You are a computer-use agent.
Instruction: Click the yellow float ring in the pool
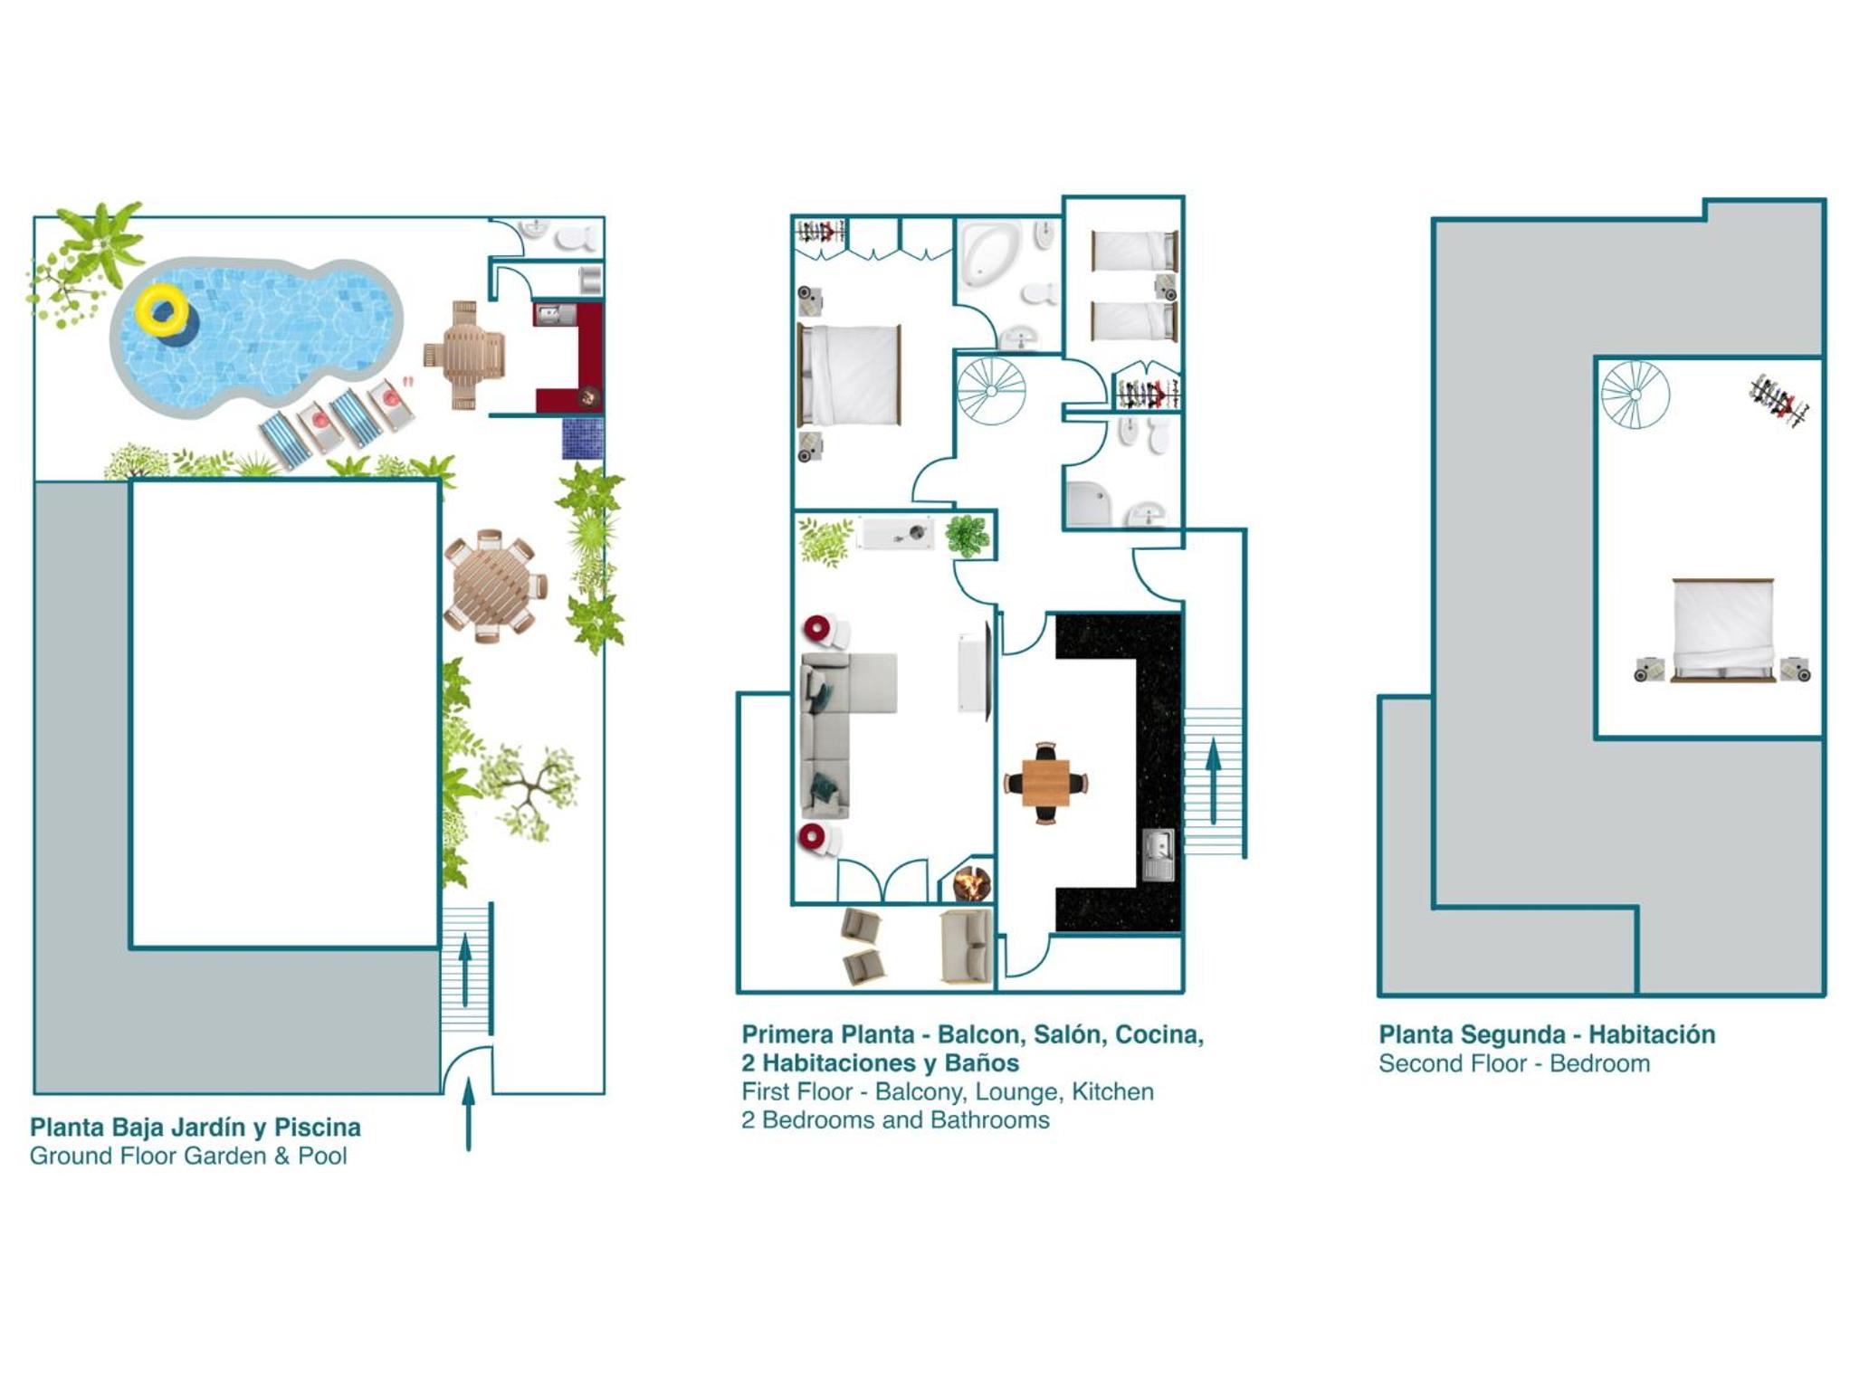[163, 311]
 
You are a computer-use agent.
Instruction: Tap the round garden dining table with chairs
[494, 586]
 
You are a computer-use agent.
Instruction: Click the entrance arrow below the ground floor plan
[468, 1114]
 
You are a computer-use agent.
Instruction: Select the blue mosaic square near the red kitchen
[583, 438]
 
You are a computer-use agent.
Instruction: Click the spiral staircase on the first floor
[992, 391]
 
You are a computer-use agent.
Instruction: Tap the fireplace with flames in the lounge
[971, 883]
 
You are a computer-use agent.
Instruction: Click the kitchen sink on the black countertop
[1158, 853]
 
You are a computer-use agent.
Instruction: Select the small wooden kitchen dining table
[1045, 783]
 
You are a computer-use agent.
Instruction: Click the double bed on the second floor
[1722, 630]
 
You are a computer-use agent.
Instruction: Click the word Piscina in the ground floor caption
[317, 1128]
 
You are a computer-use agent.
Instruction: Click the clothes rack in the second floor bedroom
[1778, 400]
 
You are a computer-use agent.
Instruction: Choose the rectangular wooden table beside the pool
[464, 355]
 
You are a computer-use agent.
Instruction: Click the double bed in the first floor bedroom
[849, 375]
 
